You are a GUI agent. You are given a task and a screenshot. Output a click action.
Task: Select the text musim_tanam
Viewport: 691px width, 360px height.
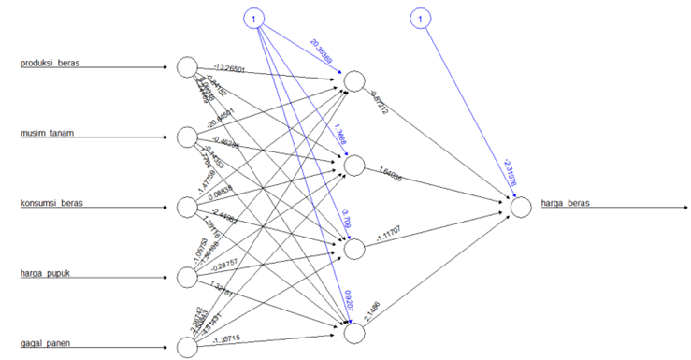coord(48,133)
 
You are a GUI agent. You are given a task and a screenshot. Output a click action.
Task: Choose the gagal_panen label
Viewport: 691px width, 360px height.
coord(48,343)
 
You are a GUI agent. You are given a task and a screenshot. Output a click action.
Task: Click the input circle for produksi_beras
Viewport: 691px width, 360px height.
coord(186,67)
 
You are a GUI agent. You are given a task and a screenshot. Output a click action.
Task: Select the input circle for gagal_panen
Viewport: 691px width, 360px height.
coord(186,347)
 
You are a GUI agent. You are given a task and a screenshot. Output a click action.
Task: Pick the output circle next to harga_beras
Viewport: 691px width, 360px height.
coord(522,208)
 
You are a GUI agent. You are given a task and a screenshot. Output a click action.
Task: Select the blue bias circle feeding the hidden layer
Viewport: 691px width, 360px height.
coord(254,18)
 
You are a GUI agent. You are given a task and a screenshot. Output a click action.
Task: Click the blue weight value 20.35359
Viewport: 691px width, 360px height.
coord(321,50)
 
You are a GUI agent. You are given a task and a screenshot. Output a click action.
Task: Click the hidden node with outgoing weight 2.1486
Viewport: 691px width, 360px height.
coord(353,331)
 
